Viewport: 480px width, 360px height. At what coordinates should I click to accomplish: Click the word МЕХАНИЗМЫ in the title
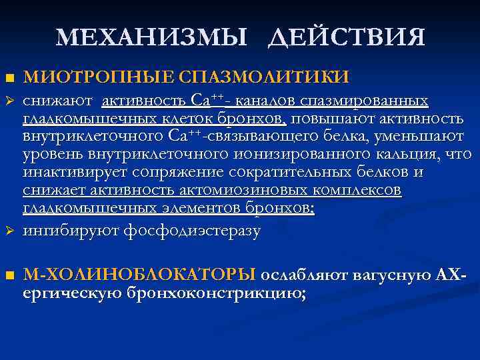[155, 37]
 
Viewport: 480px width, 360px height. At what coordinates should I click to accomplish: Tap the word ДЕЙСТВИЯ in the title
[347, 37]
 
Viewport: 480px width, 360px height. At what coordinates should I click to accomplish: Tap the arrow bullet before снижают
[8, 102]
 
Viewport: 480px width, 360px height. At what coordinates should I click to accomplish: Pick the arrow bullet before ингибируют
[8, 232]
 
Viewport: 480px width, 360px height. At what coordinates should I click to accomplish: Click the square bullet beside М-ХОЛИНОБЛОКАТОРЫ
[8, 275]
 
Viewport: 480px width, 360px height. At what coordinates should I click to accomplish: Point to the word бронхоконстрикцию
[213, 293]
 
